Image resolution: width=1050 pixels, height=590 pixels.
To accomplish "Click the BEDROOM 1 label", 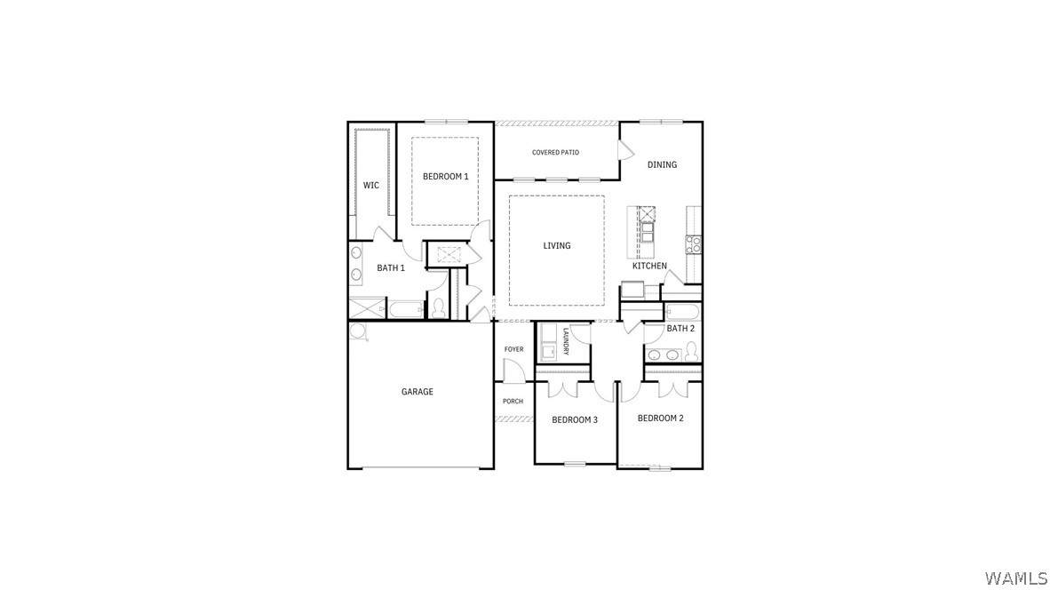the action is coord(445,177).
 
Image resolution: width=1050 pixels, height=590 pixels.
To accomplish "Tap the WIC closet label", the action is coord(371,186).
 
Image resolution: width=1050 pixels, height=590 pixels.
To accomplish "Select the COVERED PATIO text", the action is coord(556,153).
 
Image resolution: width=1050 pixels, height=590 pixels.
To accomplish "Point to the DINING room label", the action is coord(662,164).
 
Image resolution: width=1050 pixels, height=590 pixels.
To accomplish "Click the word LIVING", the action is coord(556,246).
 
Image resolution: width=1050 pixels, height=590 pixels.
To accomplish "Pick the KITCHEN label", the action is coord(649,266).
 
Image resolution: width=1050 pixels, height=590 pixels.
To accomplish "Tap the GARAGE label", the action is coord(418,392).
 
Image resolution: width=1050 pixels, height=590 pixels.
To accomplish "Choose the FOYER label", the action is coord(513,349).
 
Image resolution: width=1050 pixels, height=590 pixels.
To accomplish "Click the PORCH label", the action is coord(513,401).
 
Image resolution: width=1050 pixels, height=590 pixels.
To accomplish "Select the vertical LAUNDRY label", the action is coord(566,341).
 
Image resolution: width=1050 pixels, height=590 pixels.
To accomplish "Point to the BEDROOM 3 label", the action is coord(575,420).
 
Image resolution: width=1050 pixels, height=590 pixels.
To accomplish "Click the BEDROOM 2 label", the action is coord(660,419).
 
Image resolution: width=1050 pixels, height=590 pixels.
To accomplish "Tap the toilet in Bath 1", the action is coord(439,308).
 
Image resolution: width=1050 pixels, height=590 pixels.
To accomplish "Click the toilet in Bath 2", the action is coord(691,352).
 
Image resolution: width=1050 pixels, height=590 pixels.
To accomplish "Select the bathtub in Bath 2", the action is coord(682,312).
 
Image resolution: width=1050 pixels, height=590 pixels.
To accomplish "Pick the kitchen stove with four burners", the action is coord(693,244).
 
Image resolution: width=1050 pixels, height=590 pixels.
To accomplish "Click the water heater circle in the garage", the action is coord(358,331).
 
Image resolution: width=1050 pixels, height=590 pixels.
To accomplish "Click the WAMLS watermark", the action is coord(1016,578).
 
